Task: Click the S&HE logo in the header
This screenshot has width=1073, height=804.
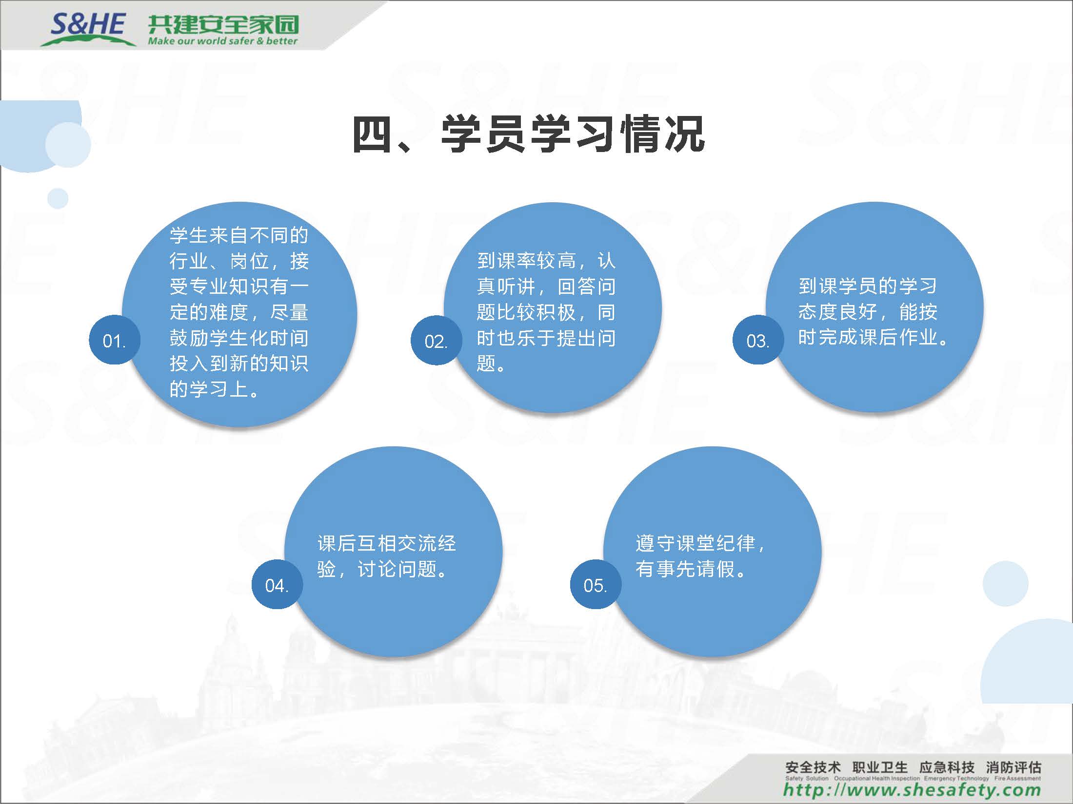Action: click(88, 28)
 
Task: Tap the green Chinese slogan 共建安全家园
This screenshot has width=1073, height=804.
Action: click(223, 24)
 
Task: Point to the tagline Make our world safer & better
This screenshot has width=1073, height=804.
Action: click(223, 41)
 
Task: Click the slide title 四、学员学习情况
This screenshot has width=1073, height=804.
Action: click(529, 134)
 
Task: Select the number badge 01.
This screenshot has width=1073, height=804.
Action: click(115, 340)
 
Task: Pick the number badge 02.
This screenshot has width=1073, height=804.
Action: click(436, 340)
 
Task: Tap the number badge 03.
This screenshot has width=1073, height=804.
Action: click(758, 340)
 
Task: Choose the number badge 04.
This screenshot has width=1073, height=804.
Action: click(277, 584)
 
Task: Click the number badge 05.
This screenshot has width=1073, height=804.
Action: click(596, 584)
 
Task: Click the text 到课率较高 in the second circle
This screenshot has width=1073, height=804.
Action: click(526, 261)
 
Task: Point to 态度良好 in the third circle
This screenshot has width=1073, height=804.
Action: click(837, 311)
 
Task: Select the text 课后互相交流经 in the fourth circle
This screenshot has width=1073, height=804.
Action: click(387, 543)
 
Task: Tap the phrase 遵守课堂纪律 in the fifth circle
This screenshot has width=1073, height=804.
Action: click(695, 543)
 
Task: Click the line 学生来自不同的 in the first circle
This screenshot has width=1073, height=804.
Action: click(239, 235)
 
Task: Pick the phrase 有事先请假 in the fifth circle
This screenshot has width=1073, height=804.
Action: click(685, 569)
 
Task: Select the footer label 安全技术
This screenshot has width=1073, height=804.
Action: click(813, 767)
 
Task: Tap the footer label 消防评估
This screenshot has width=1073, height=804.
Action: click(1013, 767)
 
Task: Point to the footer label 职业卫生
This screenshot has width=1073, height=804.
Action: click(880, 767)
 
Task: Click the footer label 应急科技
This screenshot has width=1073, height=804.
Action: click(947, 767)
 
